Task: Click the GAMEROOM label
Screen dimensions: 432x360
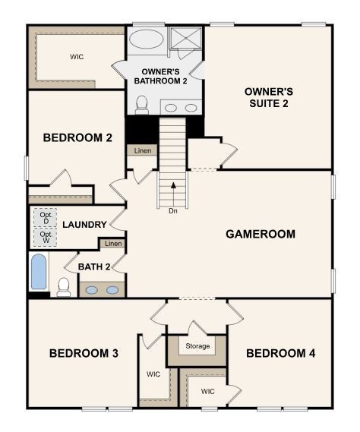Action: (260, 234)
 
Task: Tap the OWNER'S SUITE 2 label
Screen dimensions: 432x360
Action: (268, 97)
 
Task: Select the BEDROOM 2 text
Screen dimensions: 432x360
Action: (67, 137)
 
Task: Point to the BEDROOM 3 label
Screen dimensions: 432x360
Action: (84, 353)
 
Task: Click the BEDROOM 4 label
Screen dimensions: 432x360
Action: (280, 353)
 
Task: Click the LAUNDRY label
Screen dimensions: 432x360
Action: (84, 225)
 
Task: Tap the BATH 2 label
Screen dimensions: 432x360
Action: (94, 266)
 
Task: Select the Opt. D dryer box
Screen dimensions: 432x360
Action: (46, 216)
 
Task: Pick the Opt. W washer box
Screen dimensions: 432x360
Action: (46, 238)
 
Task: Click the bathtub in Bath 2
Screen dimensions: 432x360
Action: (39, 273)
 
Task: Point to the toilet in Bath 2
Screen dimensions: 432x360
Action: (65, 286)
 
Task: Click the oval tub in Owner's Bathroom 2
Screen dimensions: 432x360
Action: (144, 39)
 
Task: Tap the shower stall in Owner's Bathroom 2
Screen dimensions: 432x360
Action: (184, 38)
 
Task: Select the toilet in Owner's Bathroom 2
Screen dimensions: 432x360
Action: (141, 104)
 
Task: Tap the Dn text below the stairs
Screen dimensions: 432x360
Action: (173, 210)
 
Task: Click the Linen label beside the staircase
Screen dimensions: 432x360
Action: (142, 151)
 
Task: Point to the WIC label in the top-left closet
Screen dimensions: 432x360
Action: (77, 56)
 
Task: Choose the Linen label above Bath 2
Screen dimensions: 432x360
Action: (112, 244)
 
